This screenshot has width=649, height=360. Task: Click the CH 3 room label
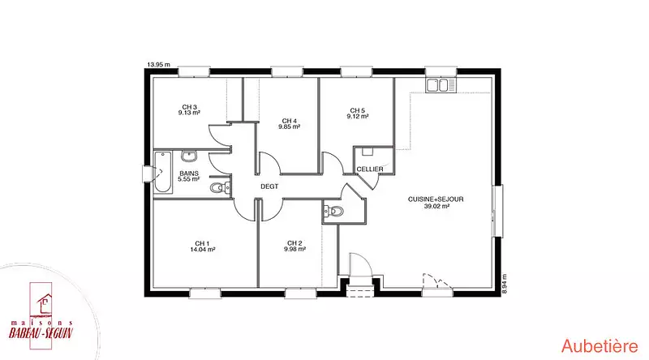click(x=189, y=107)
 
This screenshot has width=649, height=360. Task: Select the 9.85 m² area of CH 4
click(x=289, y=126)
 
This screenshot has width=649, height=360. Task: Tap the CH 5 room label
click(x=357, y=110)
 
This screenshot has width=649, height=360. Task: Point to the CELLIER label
click(x=370, y=169)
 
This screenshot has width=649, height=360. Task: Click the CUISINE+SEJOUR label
click(x=436, y=199)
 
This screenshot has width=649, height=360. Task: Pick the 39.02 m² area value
click(x=436, y=206)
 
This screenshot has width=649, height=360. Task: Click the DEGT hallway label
click(x=269, y=186)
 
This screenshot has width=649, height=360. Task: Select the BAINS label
click(x=189, y=174)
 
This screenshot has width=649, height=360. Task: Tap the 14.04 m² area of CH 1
click(x=202, y=250)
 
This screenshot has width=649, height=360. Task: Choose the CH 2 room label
click(x=294, y=243)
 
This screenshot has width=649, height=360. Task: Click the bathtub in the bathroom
click(x=163, y=172)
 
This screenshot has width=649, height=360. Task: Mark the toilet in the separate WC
click(x=333, y=212)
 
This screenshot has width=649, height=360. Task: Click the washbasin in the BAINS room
click(x=189, y=156)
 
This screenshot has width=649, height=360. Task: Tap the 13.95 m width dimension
click(x=158, y=65)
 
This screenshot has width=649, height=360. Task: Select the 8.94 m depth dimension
click(x=504, y=284)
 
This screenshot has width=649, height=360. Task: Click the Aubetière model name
click(x=600, y=346)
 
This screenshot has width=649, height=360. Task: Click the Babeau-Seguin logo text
click(x=41, y=332)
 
